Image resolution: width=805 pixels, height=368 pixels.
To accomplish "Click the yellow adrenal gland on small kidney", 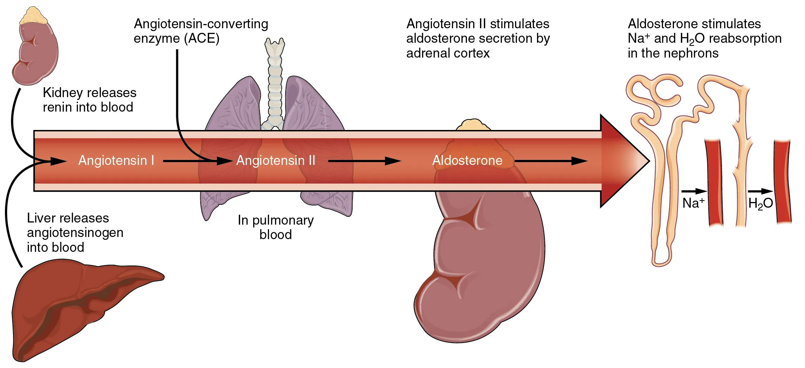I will (33, 16).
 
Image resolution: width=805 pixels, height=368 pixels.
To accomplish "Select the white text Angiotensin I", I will (116, 161).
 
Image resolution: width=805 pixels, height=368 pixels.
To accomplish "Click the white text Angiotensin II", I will (275, 161).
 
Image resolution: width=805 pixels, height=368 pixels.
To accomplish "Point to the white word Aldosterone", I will (467, 161).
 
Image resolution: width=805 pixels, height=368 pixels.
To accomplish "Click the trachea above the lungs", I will (275, 81).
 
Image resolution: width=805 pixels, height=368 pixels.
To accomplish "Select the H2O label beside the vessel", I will (760, 203).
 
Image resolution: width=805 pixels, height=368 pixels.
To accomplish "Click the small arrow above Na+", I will (694, 191).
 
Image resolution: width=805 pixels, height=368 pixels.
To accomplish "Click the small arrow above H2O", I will (760, 191).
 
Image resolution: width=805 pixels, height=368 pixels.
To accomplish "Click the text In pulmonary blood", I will (275, 227).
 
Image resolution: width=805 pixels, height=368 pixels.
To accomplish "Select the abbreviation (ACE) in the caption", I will (203, 38).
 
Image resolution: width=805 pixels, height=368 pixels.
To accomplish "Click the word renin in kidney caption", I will (58, 107).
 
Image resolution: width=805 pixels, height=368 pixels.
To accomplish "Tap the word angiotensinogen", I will (75, 233).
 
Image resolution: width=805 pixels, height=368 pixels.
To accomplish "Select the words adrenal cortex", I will (448, 53).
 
